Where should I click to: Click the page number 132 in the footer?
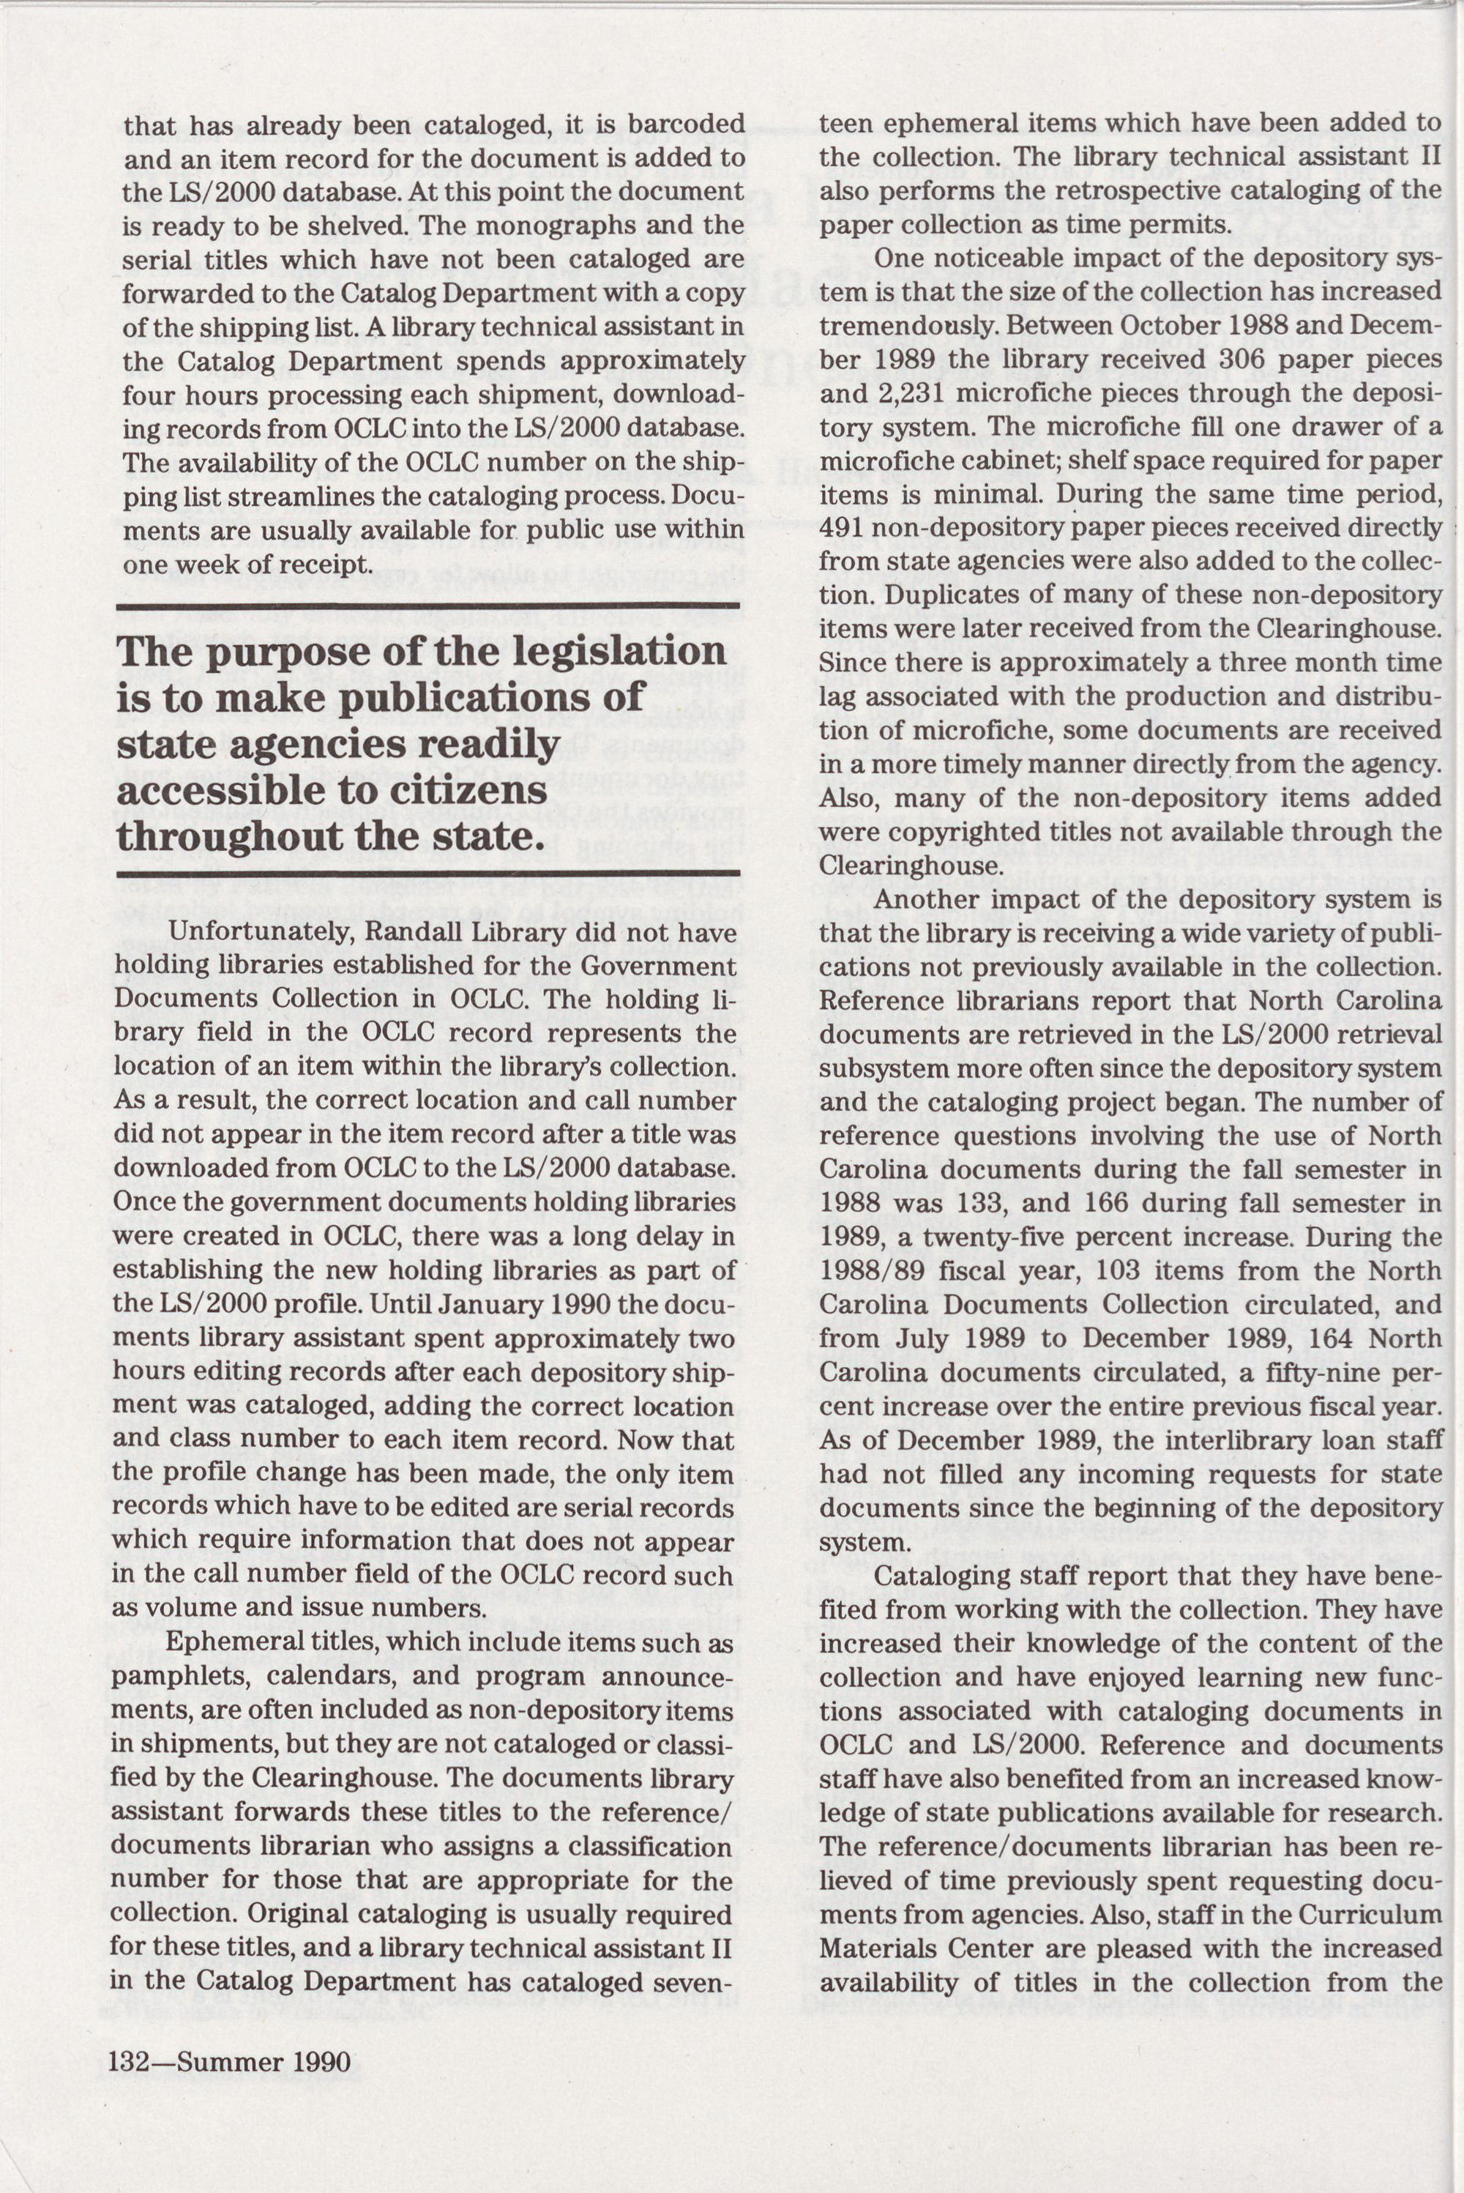[128, 2061]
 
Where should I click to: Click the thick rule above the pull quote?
[427, 608]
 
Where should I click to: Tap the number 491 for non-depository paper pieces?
[843, 529]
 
